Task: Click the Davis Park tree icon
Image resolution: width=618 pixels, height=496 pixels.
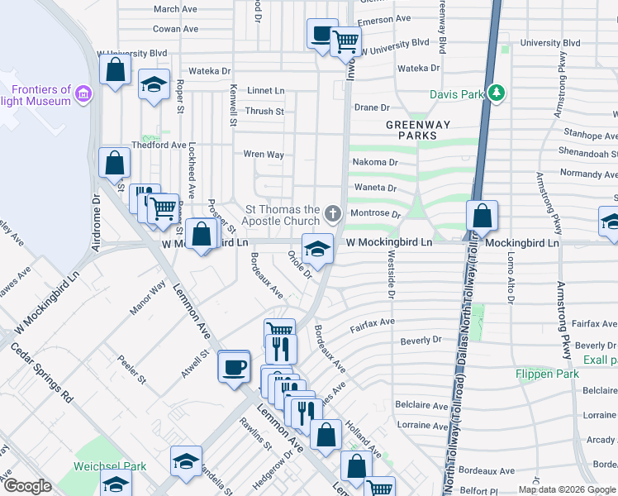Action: (x=496, y=93)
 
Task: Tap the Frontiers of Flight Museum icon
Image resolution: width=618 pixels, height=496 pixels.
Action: (x=82, y=95)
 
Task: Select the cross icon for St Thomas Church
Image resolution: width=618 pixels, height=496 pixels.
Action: (x=332, y=215)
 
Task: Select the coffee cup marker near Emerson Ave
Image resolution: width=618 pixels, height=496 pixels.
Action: (x=321, y=35)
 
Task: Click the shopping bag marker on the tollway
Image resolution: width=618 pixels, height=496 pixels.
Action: (x=482, y=217)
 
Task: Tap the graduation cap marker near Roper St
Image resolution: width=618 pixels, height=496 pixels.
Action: (x=154, y=85)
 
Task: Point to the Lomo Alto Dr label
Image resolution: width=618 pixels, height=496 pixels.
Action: (x=509, y=272)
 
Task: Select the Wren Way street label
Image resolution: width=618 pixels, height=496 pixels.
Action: (x=263, y=155)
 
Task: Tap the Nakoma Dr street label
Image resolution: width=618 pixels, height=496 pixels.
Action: (x=369, y=162)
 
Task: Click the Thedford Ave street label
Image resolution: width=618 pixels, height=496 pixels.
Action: (x=158, y=145)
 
